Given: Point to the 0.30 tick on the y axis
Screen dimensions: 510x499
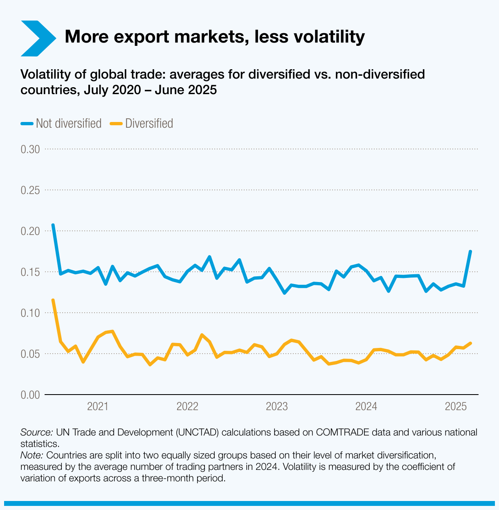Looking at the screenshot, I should [x=30, y=149].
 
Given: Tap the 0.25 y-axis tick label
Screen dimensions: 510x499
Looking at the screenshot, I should [x=30, y=190].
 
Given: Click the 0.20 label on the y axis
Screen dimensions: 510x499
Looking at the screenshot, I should [x=30, y=231].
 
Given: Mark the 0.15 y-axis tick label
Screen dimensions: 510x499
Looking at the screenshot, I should [x=30, y=272].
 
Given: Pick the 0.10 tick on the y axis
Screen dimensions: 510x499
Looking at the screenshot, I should [x=30, y=313].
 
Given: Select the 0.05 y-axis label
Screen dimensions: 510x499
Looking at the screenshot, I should [x=30, y=354].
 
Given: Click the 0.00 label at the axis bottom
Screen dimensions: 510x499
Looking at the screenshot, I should [x=30, y=395].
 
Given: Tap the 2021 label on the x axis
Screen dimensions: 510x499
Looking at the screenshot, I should [x=98, y=406].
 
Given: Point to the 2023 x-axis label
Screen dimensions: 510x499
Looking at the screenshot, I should [x=277, y=406].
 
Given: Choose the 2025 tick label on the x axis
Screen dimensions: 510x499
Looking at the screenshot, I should [x=456, y=406].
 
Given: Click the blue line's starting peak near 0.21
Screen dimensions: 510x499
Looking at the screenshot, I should [x=53, y=225].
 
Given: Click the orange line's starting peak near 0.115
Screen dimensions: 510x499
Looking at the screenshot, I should [x=53, y=300].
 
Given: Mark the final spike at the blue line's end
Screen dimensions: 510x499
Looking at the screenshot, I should [x=470, y=251].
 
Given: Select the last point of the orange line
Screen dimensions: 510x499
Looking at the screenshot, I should [x=471, y=343].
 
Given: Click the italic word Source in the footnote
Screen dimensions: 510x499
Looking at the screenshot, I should [x=36, y=432].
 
